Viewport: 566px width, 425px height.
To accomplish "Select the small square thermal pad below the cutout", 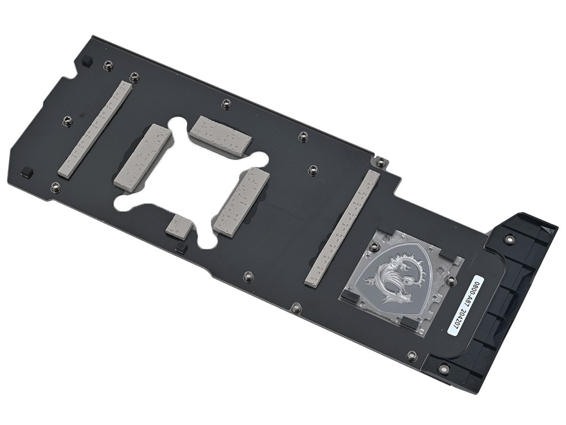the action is [179, 226].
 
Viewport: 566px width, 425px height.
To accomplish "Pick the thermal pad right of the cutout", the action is [242, 202].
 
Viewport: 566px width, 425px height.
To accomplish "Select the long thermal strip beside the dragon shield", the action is [342, 227].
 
